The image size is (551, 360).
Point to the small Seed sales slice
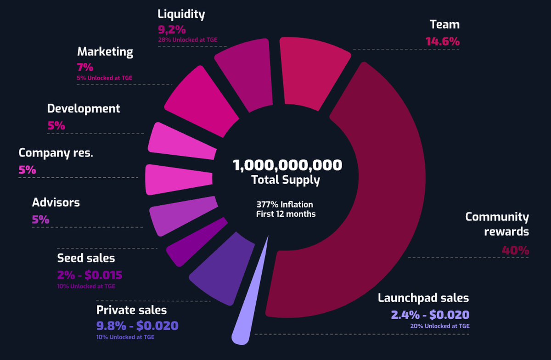tap(195, 243)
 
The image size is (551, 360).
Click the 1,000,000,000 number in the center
tap(287, 165)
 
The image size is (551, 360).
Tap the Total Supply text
tap(285, 180)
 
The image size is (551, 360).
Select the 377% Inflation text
tap(285, 204)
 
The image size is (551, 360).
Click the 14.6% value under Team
tap(442, 41)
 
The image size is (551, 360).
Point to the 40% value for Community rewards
tap(515, 251)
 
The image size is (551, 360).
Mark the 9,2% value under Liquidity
tap(172, 30)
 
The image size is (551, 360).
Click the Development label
tap(84, 108)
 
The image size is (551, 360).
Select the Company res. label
tap(56, 153)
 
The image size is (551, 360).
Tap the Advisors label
tap(56, 202)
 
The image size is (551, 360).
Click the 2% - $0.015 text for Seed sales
tap(90, 276)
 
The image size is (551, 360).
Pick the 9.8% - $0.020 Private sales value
tap(137, 326)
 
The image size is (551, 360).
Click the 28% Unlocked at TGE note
tap(187, 40)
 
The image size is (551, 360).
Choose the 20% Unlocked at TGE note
tap(440, 326)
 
